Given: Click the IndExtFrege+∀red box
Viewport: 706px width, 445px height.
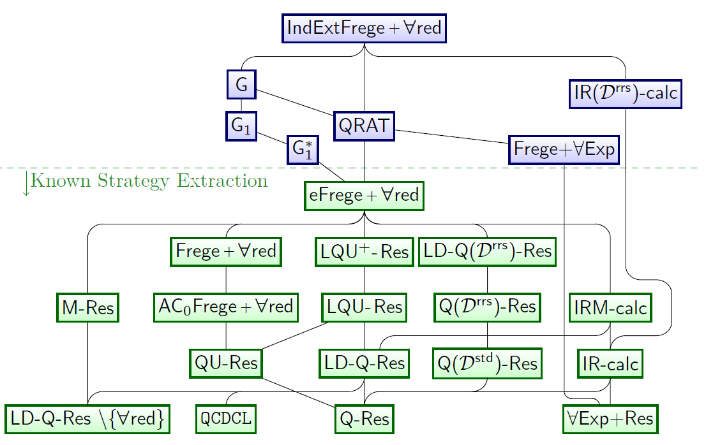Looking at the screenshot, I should (x=364, y=28).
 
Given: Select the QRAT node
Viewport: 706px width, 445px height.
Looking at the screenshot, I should (x=364, y=126).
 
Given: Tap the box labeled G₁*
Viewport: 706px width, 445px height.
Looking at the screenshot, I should (x=303, y=150).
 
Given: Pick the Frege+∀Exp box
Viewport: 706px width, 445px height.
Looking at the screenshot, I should (x=564, y=149).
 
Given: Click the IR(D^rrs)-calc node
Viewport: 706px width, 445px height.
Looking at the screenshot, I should (x=626, y=94).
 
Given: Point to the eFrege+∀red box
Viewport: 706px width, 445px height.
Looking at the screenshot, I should (x=364, y=195).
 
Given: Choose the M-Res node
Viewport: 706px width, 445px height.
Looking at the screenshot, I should (x=87, y=309).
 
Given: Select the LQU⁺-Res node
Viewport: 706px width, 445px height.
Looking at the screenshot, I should (x=364, y=252).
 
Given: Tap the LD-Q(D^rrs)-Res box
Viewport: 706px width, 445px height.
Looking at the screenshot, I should (x=488, y=252).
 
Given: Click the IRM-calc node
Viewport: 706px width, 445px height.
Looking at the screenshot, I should (x=610, y=309).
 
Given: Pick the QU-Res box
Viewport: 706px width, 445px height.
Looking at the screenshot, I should (x=227, y=363).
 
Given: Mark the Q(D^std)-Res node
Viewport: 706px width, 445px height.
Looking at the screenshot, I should (x=488, y=363).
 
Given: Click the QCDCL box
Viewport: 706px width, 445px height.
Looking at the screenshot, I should (x=227, y=419).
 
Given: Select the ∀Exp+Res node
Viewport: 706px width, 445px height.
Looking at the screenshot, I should (x=610, y=419).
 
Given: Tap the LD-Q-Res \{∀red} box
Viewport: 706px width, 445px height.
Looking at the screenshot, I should (x=87, y=419).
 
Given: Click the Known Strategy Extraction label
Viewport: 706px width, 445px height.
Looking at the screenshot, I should (x=149, y=181).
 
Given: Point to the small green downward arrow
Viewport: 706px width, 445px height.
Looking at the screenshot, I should (x=26, y=184).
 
